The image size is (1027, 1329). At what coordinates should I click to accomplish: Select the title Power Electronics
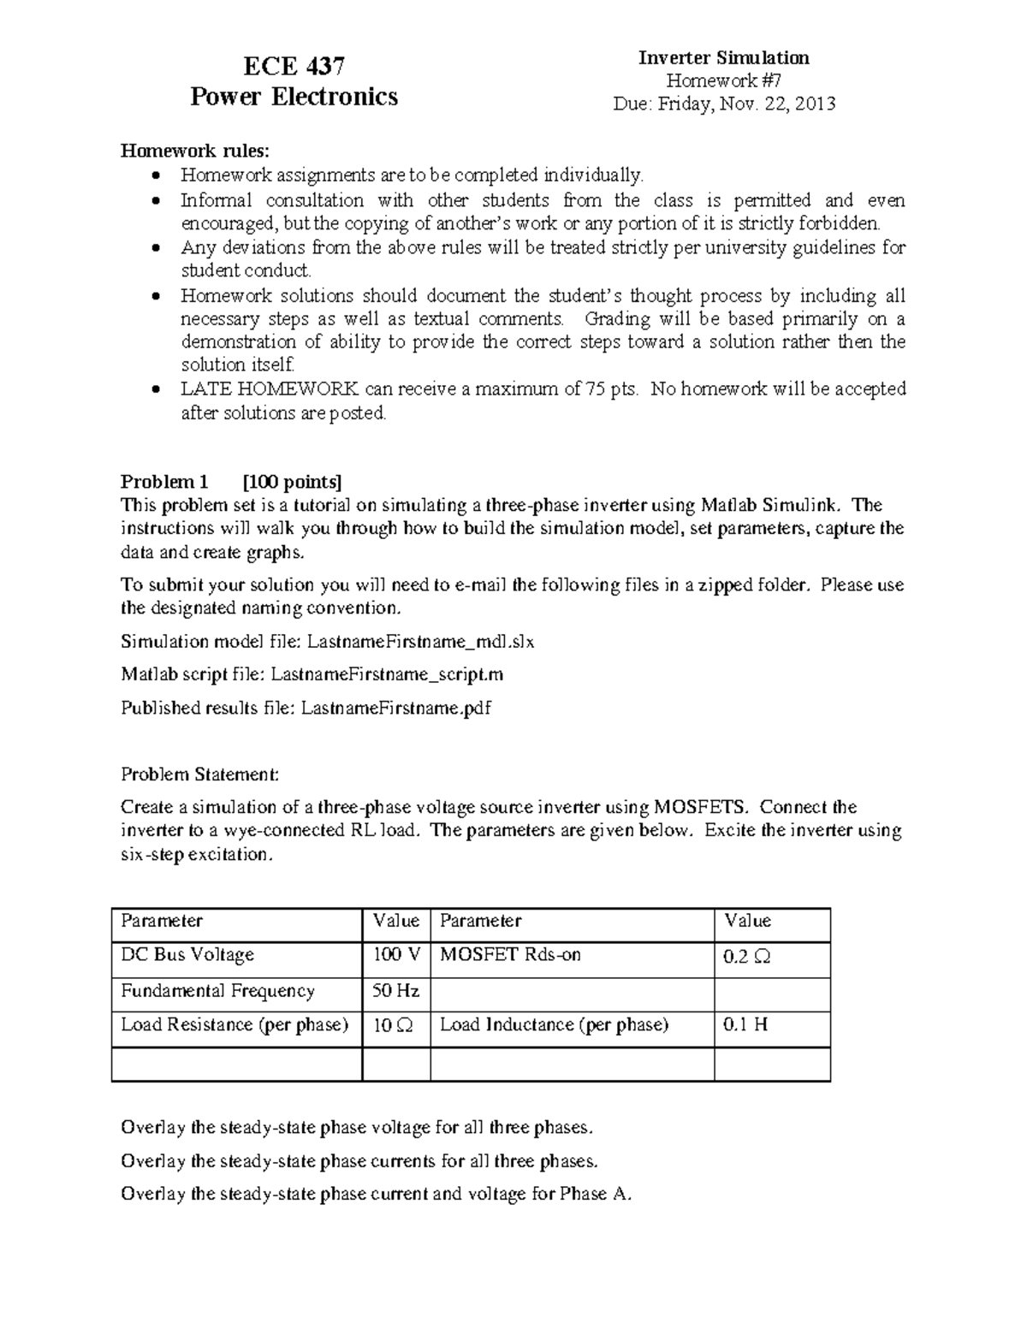coord(294,97)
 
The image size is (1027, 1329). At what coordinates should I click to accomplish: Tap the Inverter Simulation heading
coord(723,58)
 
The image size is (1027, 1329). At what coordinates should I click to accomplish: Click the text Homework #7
coord(723,81)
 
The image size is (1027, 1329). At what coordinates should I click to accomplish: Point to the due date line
coord(723,104)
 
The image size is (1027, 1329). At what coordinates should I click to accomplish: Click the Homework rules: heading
coord(194,151)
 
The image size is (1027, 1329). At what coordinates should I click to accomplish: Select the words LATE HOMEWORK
coord(269,389)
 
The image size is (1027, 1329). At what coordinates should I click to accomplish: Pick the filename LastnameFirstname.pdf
coord(396,709)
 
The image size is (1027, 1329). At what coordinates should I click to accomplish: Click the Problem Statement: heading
coord(199,774)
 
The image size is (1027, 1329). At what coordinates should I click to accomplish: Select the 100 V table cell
coord(395,956)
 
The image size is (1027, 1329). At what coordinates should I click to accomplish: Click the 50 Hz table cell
coord(395,991)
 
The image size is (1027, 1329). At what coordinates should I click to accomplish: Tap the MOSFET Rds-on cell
coord(510,955)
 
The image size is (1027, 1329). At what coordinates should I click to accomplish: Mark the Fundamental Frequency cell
coord(217,991)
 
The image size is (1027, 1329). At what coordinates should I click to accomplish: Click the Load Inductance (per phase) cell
coord(553,1024)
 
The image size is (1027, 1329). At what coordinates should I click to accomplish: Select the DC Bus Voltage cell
coord(187,955)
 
